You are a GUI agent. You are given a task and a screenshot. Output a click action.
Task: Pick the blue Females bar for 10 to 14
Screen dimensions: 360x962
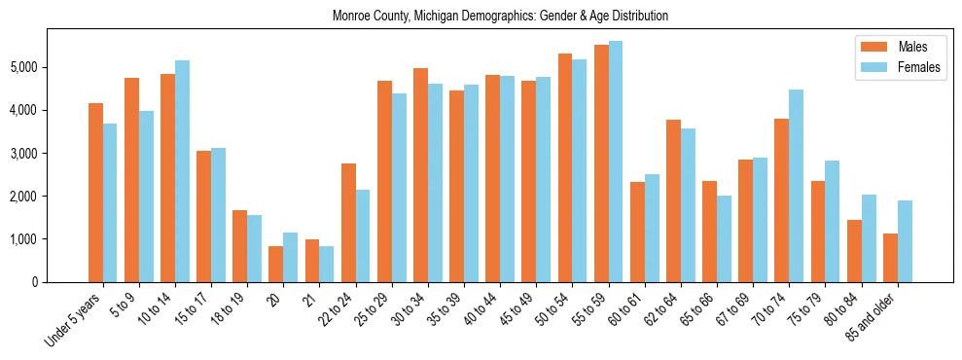pos(182,171)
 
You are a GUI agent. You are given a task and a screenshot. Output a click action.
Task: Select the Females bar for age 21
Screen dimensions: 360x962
pos(327,264)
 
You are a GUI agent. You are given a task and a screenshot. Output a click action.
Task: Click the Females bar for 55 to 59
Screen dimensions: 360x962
pos(616,162)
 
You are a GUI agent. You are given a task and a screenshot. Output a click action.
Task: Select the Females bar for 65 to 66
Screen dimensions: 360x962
pos(724,238)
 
